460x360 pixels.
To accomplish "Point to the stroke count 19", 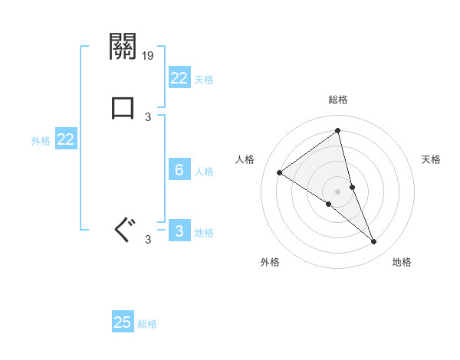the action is click(x=148, y=56).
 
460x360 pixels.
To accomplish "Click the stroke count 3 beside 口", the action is click(x=148, y=116).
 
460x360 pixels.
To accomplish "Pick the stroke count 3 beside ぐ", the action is click(x=148, y=240).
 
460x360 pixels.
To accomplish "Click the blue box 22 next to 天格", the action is click(x=179, y=78).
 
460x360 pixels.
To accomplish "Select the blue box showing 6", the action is click(x=179, y=170).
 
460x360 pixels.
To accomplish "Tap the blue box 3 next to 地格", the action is click(x=179, y=231).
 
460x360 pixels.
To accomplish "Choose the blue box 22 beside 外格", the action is click(x=65, y=139).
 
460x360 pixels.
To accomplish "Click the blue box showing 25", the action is click(x=123, y=322).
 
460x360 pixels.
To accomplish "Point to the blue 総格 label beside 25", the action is click(x=147, y=324).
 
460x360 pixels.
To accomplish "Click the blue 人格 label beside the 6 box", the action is click(x=205, y=172).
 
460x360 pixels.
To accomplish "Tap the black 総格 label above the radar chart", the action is click(x=337, y=100).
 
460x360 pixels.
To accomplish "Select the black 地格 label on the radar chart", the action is click(x=402, y=262).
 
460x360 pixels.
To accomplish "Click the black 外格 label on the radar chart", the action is click(x=270, y=262).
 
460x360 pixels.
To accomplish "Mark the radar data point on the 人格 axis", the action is click(x=280, y=172).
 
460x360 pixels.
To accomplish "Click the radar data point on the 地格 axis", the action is click(x=373, y=242).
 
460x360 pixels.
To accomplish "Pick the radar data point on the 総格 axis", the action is click(x=337, y=131).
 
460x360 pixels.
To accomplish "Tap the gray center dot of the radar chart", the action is click(x=337, y=191).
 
